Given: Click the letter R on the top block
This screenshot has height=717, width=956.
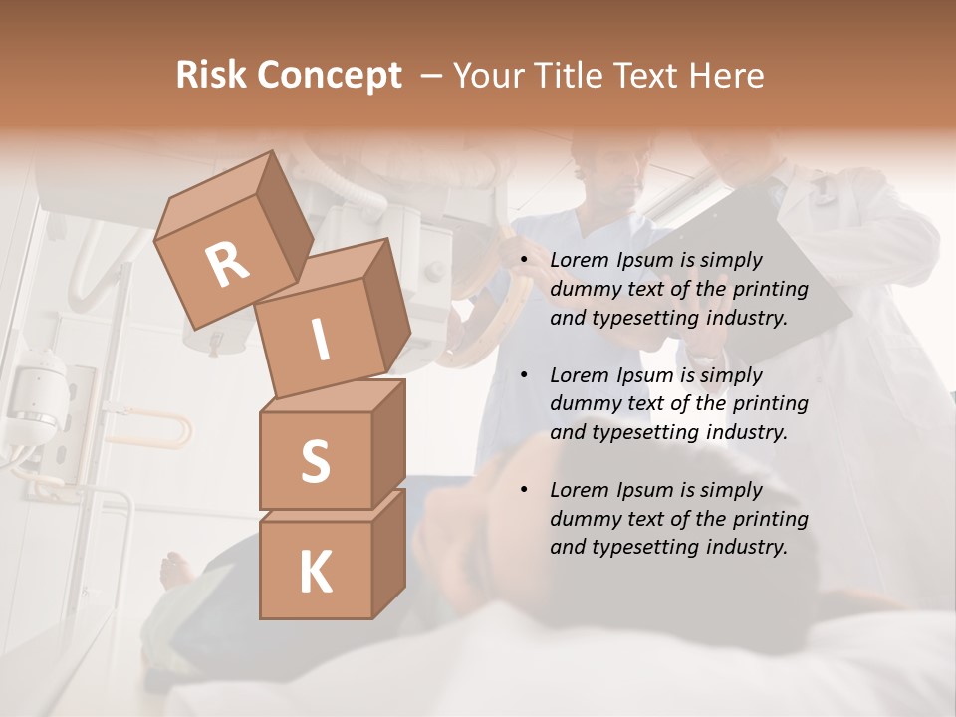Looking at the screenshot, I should [x=227, y=264].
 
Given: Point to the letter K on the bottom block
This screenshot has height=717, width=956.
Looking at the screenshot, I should [x=315, y=573].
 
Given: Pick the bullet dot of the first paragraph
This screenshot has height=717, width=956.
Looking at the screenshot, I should [x=523, y=261].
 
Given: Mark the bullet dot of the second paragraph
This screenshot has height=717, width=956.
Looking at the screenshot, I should [x=523, y=376].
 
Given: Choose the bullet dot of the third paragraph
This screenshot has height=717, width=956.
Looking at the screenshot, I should [x=523, y=491].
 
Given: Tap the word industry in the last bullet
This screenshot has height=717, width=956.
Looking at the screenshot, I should [x=738, y=547].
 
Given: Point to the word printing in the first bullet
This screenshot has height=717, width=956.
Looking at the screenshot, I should [x=772, y=289].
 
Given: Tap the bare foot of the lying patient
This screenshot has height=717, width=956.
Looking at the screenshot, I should [x=176, y=571].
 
